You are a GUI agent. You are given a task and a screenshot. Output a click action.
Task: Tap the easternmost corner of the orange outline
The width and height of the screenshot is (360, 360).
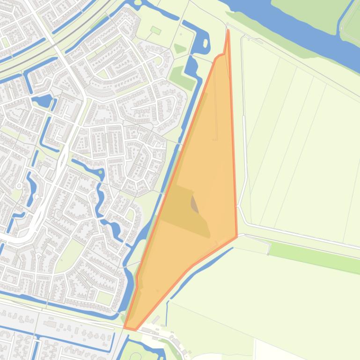(x=237, y=237)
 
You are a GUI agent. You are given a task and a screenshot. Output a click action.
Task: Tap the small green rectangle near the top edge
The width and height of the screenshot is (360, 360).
(x=156, y=31)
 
